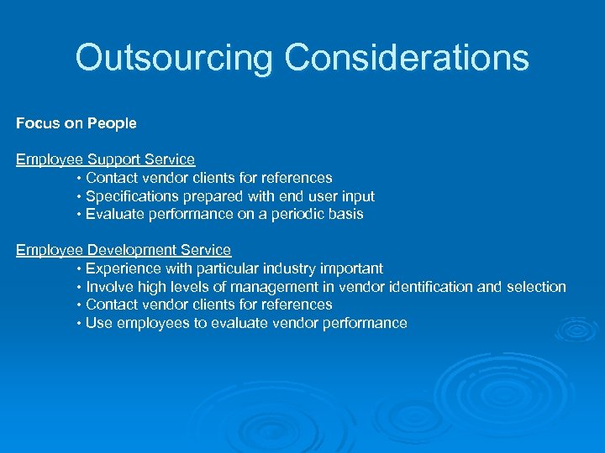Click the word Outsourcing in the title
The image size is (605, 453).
[x=174, y=58]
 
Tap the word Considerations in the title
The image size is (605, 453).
[x=407, y=58]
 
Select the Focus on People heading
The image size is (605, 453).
[x=76, y=123]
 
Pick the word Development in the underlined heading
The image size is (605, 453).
[x=129, y=250]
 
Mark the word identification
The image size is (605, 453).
[x=433, y=287]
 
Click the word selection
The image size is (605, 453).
[x=535, y=287]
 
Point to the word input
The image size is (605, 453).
[x=355, y=196]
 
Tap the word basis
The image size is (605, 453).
[x=345, y=214]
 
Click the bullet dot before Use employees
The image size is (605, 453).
[x=78, y=324]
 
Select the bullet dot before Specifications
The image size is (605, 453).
[x=78, y=196]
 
